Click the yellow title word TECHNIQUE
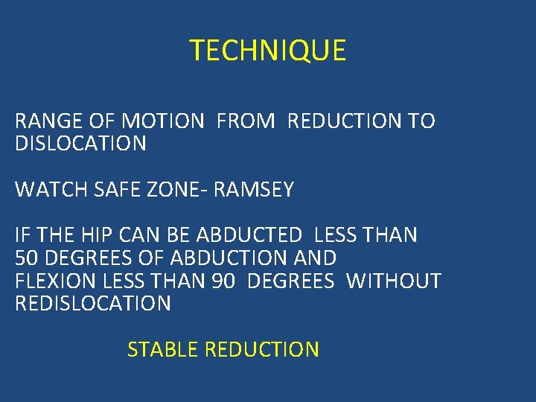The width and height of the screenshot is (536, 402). tap(268, 51)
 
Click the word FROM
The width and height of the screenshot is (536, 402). tap(245, 121)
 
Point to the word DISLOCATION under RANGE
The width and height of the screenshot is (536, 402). tap(80, 144)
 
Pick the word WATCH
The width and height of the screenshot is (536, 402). tap(48, 190)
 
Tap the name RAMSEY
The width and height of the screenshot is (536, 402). tap(254, 190)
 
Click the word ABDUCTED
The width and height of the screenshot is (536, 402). tap(249, 236)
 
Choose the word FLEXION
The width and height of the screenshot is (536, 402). tap(51, 281)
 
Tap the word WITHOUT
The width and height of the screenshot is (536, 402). tap(394, 281)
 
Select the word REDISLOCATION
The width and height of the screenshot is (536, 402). tap(93, 304)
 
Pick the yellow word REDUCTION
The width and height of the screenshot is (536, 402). tap(261, 349)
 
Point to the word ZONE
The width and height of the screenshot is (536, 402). tap(176, 190)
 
